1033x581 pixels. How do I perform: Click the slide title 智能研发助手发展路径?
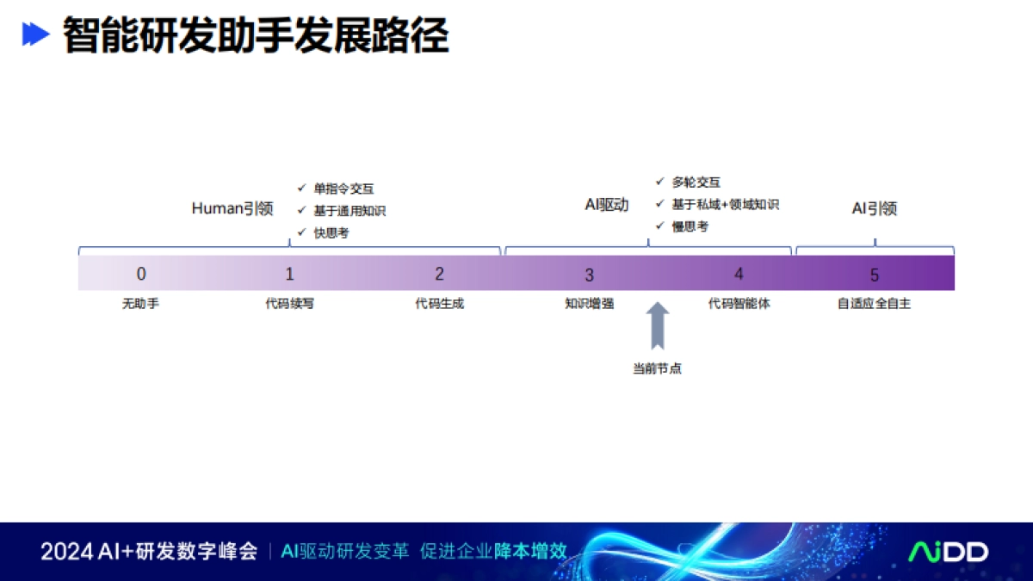click(256, 36)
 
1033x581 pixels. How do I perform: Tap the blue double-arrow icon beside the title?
click(35, 34)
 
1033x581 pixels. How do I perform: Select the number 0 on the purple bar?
click(141, 274)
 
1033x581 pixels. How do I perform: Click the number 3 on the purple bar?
click(590, 275)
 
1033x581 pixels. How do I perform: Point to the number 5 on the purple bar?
click(875, 275)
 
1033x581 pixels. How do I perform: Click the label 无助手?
click(140, 304)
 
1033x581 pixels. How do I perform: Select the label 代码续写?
click(290, 304)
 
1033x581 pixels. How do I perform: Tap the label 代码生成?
click(440, 304)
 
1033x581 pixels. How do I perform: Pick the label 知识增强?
click(590, 304)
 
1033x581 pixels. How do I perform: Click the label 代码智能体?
click(739, 304)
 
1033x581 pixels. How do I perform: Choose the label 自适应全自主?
click(875, 304)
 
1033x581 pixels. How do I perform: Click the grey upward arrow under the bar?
click(658, 325)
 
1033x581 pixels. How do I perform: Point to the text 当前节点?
click(658, 368)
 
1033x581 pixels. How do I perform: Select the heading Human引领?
click(232, 209)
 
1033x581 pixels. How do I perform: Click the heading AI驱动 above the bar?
click(607, 205)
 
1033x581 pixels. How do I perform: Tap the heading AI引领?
click(875, 208)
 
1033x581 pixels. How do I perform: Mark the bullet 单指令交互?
click(343, 189)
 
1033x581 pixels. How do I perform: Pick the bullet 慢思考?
click(690, 226)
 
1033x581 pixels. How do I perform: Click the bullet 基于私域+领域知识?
click(725, 205)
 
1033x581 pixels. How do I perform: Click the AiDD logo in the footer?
click(949, 552)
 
